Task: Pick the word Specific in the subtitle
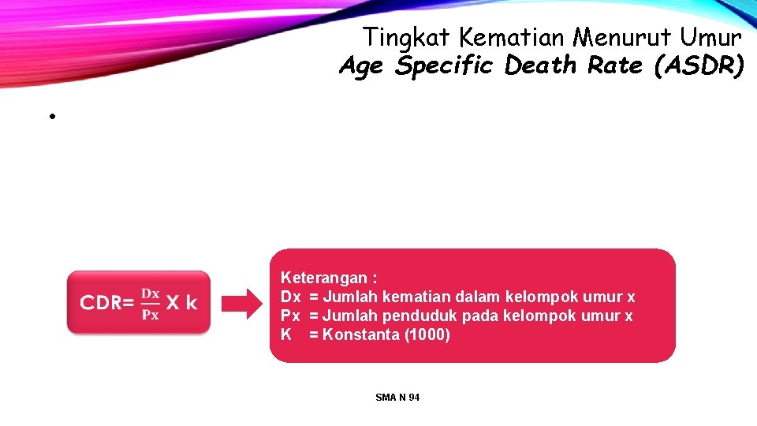tap(446, 66)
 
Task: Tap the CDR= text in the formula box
tap(107, 303)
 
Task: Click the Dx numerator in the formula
tap(150, 293)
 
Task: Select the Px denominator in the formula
tap(150, 314)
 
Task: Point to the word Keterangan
tap(324, 278)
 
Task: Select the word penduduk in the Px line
tap(417, 316)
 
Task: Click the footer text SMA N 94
tap(398, 398)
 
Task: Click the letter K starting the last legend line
tap(286, 335)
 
